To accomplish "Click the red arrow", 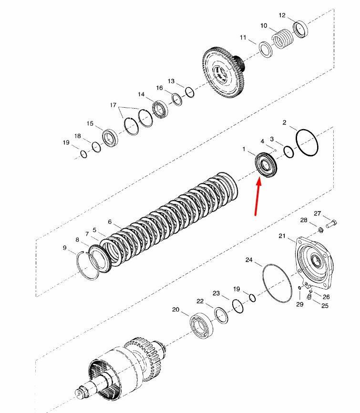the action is tap(257, 197).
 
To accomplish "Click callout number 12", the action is tap(282, 15).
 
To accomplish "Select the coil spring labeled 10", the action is tap(283, 39).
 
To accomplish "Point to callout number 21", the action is tap(282, 236).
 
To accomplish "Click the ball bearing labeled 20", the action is tap(202, 325).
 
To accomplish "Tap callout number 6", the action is tap(110, 222).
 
